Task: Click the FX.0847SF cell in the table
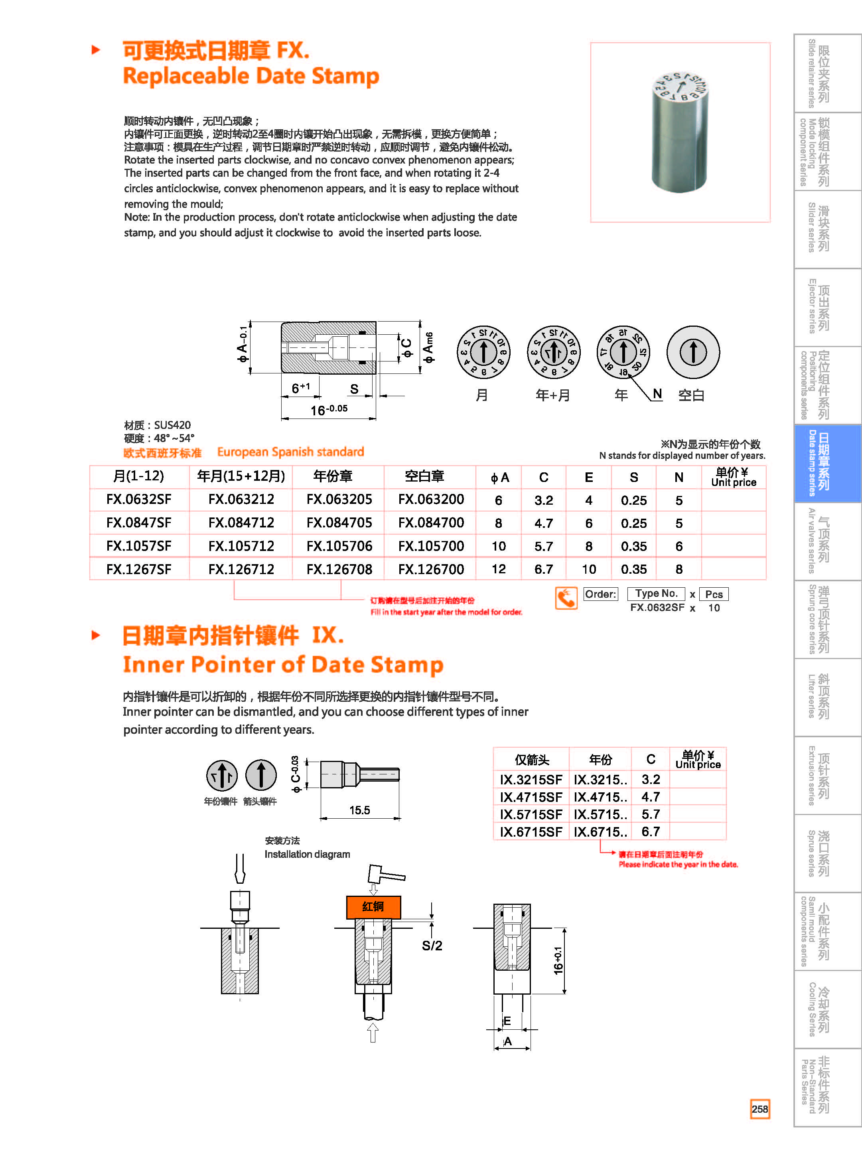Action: click(x=139, y=522)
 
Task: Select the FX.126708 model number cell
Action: click(x=339, y=569)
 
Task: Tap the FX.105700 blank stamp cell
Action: click(x=431, y=546)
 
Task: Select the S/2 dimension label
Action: click(x=432, y=946)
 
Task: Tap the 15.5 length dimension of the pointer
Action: click(x=359, y=810)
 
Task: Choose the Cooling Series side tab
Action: click(x=818, y=1010)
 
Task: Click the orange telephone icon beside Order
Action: click(x=566, y=598)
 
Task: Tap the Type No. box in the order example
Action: click(x=657, y=593)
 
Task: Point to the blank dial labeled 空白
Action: click(x=693, y=352)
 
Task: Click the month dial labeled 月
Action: click(x=483, y=352)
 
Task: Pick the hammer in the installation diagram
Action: click(x=385, y=873)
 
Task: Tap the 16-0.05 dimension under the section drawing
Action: click(x=329, y=410)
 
